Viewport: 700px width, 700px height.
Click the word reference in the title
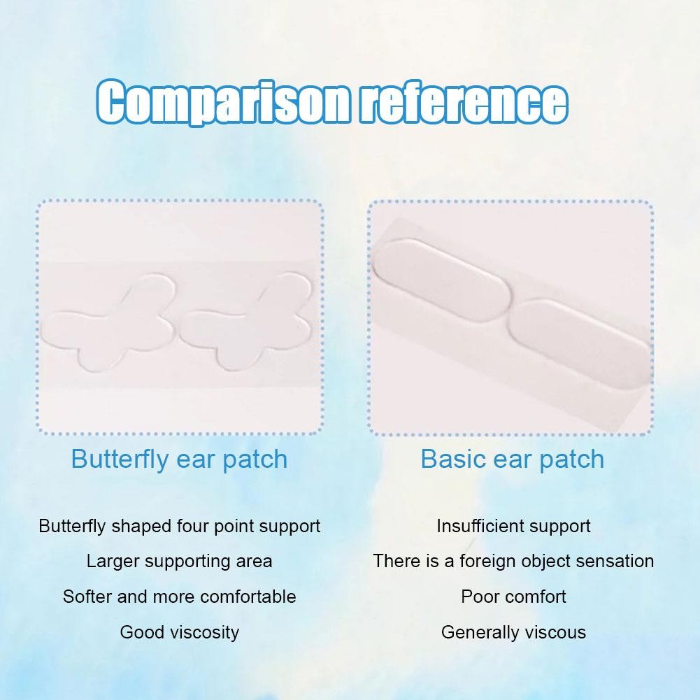(464, 101)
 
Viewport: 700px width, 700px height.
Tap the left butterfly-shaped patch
(108, 322)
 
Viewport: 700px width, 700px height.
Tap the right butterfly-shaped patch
(245, 322)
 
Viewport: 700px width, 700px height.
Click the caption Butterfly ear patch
(179, 459)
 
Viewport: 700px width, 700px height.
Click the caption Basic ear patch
(513, 459)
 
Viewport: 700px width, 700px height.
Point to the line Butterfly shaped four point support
(180, 527)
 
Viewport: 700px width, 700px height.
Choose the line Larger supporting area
(180, 562)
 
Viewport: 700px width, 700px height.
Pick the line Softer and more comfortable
(180, 597)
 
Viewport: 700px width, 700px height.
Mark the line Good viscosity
(180, 633)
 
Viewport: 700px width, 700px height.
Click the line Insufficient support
(513, 527)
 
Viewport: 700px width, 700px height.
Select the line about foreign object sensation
(513, 561)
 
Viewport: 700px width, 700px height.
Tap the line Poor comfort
(513, 597)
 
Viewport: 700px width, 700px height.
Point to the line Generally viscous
(513, 633)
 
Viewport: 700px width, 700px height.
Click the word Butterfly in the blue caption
(120, 459)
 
